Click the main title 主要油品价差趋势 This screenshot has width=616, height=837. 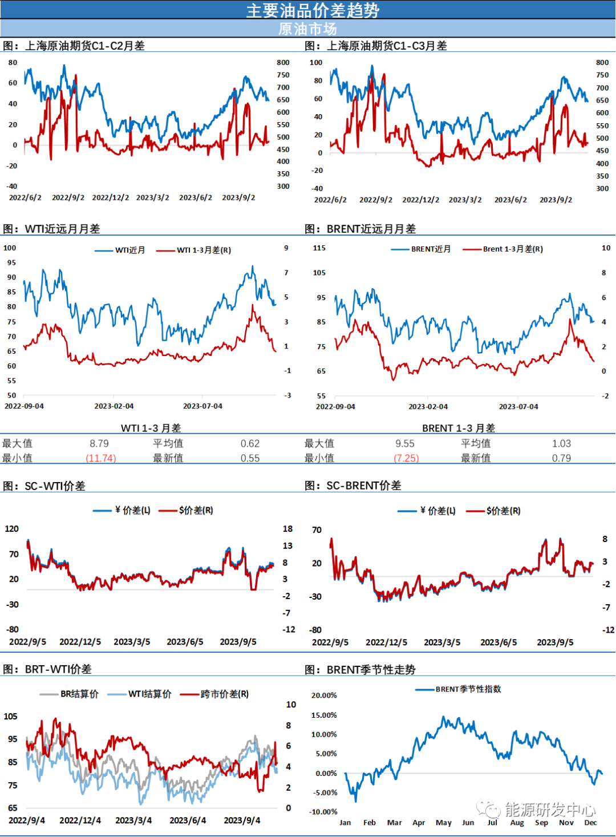313,10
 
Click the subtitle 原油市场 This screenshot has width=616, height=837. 307,29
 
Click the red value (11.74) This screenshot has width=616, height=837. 101,458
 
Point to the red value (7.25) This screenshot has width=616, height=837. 407,458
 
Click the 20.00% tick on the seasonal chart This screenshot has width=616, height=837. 324,696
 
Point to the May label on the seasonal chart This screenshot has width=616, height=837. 444,823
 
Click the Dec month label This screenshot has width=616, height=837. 590,823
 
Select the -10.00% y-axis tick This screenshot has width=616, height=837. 323,812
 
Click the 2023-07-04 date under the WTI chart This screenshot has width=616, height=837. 202,406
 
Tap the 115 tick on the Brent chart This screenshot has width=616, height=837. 319,248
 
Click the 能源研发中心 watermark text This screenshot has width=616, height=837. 550,810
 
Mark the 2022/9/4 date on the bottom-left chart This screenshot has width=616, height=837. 27,820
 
